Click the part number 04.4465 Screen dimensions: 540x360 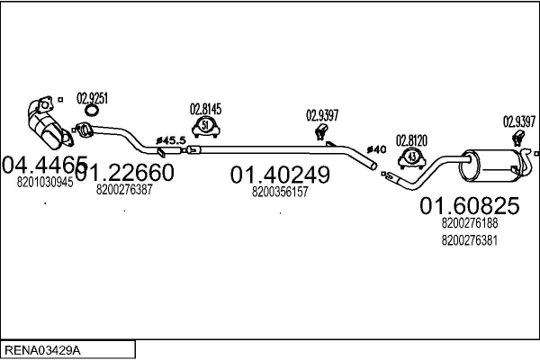45,165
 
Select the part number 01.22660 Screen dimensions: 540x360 124,172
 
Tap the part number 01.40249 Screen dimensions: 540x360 280,175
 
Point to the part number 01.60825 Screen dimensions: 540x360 470,206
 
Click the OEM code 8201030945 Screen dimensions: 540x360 45,182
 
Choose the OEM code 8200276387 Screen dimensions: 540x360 124,190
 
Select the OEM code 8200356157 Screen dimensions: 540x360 280,192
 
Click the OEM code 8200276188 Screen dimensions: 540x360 470,223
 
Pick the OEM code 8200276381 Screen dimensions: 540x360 470,240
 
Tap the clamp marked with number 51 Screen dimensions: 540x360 205,127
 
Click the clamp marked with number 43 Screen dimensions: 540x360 412,158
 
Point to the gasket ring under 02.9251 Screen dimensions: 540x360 91,111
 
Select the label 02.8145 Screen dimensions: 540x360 205,109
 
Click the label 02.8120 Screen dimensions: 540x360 411,140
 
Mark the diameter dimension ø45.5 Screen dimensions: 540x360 171,140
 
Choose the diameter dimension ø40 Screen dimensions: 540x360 376,149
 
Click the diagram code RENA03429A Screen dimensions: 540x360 42,351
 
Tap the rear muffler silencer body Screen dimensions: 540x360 487,166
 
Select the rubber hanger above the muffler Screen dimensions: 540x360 517,138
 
